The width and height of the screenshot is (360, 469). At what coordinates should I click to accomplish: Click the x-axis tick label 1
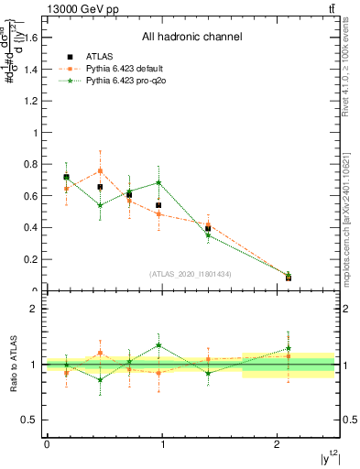(162, 444)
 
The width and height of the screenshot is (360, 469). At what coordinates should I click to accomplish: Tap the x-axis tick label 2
(278, 444)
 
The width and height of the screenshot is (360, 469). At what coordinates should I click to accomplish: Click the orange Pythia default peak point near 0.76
(100, 171)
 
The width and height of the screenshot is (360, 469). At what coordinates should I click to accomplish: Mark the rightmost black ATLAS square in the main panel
(289, 278)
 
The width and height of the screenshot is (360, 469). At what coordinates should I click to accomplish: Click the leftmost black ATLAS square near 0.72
(66, 177)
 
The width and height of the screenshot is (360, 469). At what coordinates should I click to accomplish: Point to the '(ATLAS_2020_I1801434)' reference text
(191, 274)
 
